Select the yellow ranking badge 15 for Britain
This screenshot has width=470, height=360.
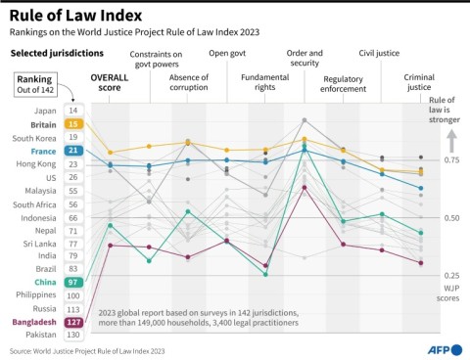click(x=72, y=124)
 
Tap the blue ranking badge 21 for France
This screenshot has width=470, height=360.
click(x=72, y=151)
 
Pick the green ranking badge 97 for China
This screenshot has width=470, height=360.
click(x=72, y=282)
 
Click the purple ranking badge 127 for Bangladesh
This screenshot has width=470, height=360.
click(x=72, y=321)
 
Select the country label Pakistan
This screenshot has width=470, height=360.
click(x=40, y=334)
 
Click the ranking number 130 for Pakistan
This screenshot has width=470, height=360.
click(x=72, y=334)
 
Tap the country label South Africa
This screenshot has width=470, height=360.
click(x=37, y=203)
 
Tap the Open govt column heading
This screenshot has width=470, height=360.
click(x=227, y=55)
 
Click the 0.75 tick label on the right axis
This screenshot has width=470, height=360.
click(x=449, y=159)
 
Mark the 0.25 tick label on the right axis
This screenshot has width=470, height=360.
click(x=449, y=276)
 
